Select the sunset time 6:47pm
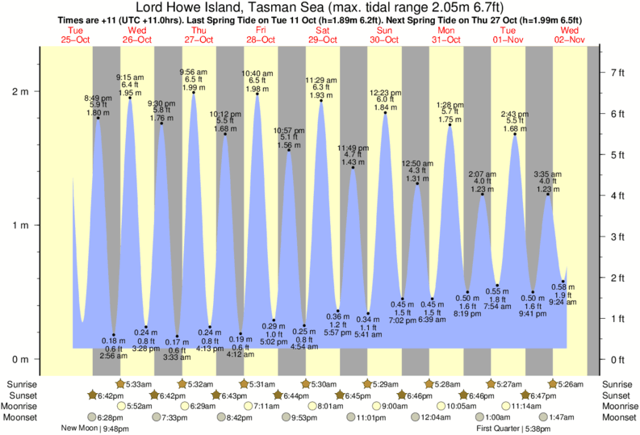pyautogui.click(x=539, y=395)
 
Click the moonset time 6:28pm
pyautogui.click(x=110, y=417)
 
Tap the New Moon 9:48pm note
pyautogui.click(x=94, y=429)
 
